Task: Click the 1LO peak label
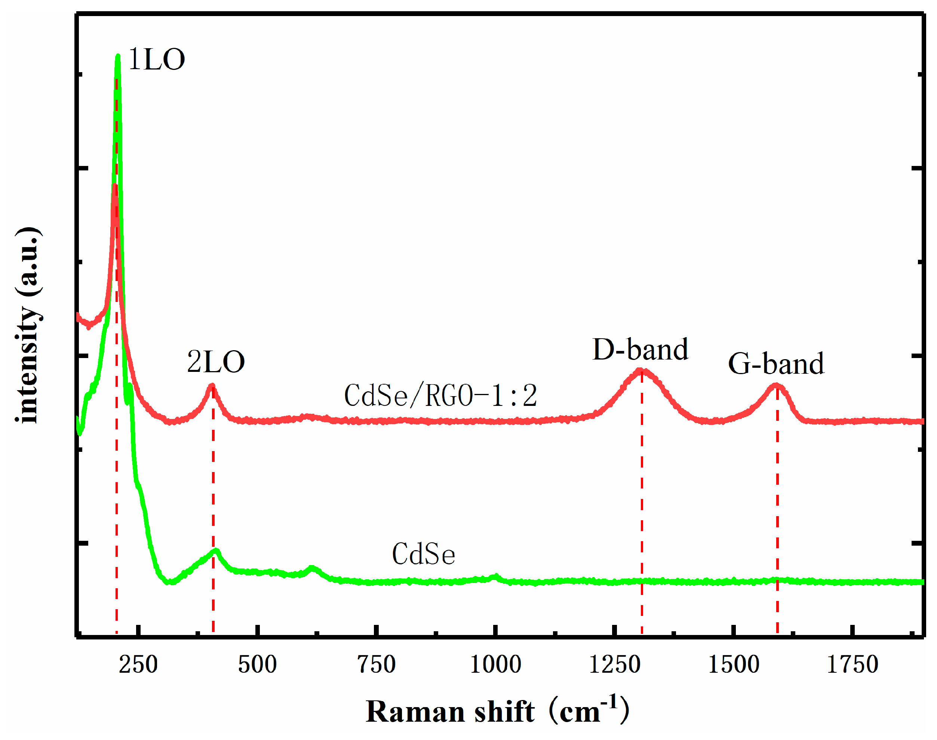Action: click(156, 59)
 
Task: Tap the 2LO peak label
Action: click(215, 362)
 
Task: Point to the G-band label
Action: click(775, 364)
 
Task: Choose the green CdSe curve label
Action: click(423, 555)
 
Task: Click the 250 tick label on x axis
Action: click(138, 665)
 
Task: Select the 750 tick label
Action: click(376, 665)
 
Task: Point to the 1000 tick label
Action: click(495, 665)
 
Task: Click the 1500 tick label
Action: click(733, 665)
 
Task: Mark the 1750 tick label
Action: click(852, 665)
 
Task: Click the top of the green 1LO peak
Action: click(118, 56)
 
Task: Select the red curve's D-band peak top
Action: click(640, 370)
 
